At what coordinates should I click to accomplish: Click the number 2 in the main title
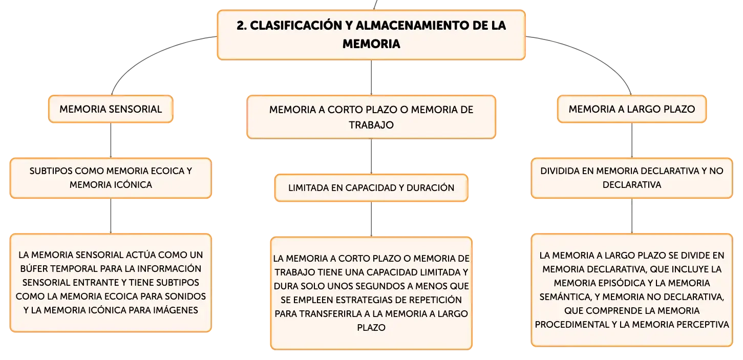click(241, 26)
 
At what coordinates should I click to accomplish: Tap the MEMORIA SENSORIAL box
click(111, 109)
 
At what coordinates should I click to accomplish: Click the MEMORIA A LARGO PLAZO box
click(632, 109)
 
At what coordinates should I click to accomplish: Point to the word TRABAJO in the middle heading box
click(371, 125)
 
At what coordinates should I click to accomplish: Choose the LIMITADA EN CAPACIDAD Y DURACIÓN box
click(371, 188)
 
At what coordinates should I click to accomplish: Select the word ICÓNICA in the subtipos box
click(132, 184)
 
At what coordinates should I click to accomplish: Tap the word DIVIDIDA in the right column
click(560, 171)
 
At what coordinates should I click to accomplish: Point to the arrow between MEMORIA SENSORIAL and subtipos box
click(111, 140)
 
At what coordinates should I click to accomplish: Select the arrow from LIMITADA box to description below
click(371, 219)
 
